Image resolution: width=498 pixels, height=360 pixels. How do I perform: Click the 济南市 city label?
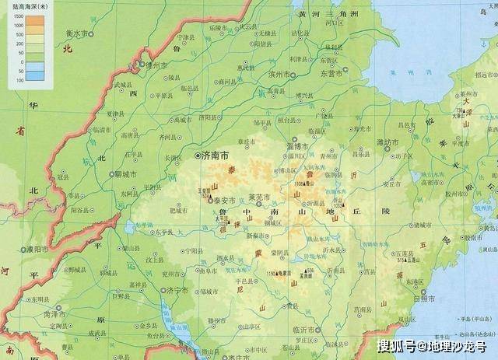[215, 156]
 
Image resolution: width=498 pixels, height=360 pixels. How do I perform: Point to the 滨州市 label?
[279, 75]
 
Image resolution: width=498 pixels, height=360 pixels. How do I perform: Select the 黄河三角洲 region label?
[326, 14]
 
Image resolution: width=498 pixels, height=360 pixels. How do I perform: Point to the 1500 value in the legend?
[18, 18]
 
